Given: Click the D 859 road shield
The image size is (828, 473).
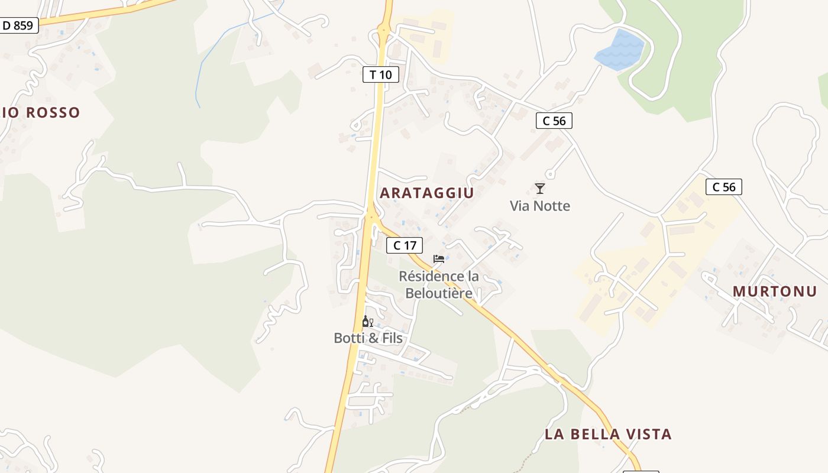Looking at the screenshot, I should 19,25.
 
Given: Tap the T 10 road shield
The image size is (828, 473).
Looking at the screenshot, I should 381,74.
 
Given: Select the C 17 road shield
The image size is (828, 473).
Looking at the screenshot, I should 405,245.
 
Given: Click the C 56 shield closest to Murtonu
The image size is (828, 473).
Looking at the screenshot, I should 724,187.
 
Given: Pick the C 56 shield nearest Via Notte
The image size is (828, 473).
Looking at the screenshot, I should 554,121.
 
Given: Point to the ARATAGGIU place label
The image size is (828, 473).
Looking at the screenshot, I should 426,193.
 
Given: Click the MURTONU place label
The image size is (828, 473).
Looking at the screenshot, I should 775,291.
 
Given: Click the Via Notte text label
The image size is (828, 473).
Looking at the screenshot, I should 540,206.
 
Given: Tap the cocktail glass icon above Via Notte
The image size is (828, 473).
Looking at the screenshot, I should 539,189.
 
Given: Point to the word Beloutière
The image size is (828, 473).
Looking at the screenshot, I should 439,293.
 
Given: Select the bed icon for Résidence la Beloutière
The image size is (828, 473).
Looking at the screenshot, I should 438,258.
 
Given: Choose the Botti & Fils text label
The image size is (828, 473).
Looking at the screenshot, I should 368,338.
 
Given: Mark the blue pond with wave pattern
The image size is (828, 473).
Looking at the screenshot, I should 619,50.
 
